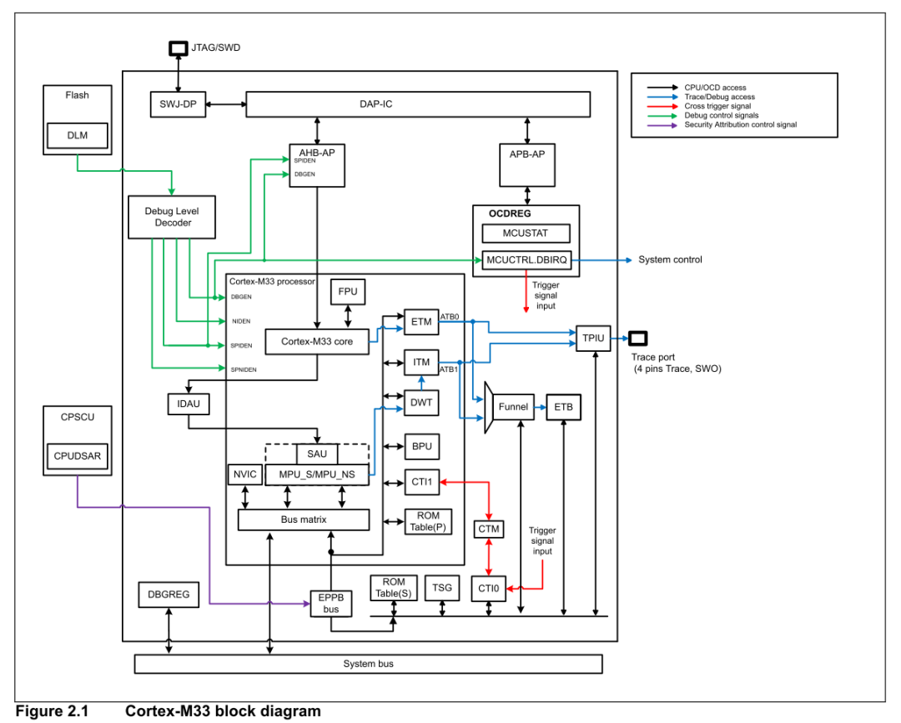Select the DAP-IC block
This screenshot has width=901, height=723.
[418, 104]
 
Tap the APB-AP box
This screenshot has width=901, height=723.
[526, 164]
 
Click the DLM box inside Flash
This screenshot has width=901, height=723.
[77, 136]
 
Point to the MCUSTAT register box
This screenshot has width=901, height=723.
[526, 233]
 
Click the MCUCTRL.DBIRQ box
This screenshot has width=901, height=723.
[526, 259]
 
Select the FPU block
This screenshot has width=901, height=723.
[348, 293]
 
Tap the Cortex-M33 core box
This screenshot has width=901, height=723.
[316, 341]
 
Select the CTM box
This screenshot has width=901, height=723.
[488, 529]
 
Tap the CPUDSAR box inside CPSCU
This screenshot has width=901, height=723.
[76, 456]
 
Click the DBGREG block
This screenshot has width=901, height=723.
[169, 595]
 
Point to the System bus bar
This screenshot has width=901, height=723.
[368, 664]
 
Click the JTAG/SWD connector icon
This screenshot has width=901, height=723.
[178, 48]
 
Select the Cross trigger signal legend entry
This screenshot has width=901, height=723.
[717, 107]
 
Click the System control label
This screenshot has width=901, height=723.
[670, 259]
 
